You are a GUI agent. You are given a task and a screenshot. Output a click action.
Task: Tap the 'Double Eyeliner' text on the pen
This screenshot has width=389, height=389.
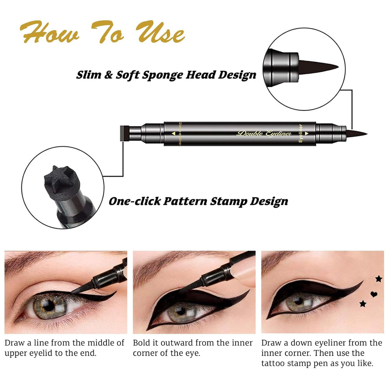[x=265, y=134]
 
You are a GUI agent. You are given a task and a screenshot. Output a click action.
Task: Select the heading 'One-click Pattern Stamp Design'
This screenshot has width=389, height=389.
[x=198, y=201]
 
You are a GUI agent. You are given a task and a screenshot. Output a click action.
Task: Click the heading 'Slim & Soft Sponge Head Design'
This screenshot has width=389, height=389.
[x=166, y=74]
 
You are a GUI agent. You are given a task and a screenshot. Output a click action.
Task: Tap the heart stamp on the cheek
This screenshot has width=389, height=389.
[x=373, y=294]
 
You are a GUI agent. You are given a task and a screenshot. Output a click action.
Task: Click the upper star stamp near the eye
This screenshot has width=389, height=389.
[x=378, y=278]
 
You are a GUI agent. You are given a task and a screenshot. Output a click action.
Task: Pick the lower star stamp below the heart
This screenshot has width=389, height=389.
[x=363, y=303]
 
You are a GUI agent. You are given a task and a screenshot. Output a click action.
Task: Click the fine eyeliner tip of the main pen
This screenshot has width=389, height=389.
[x=360, y=134]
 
